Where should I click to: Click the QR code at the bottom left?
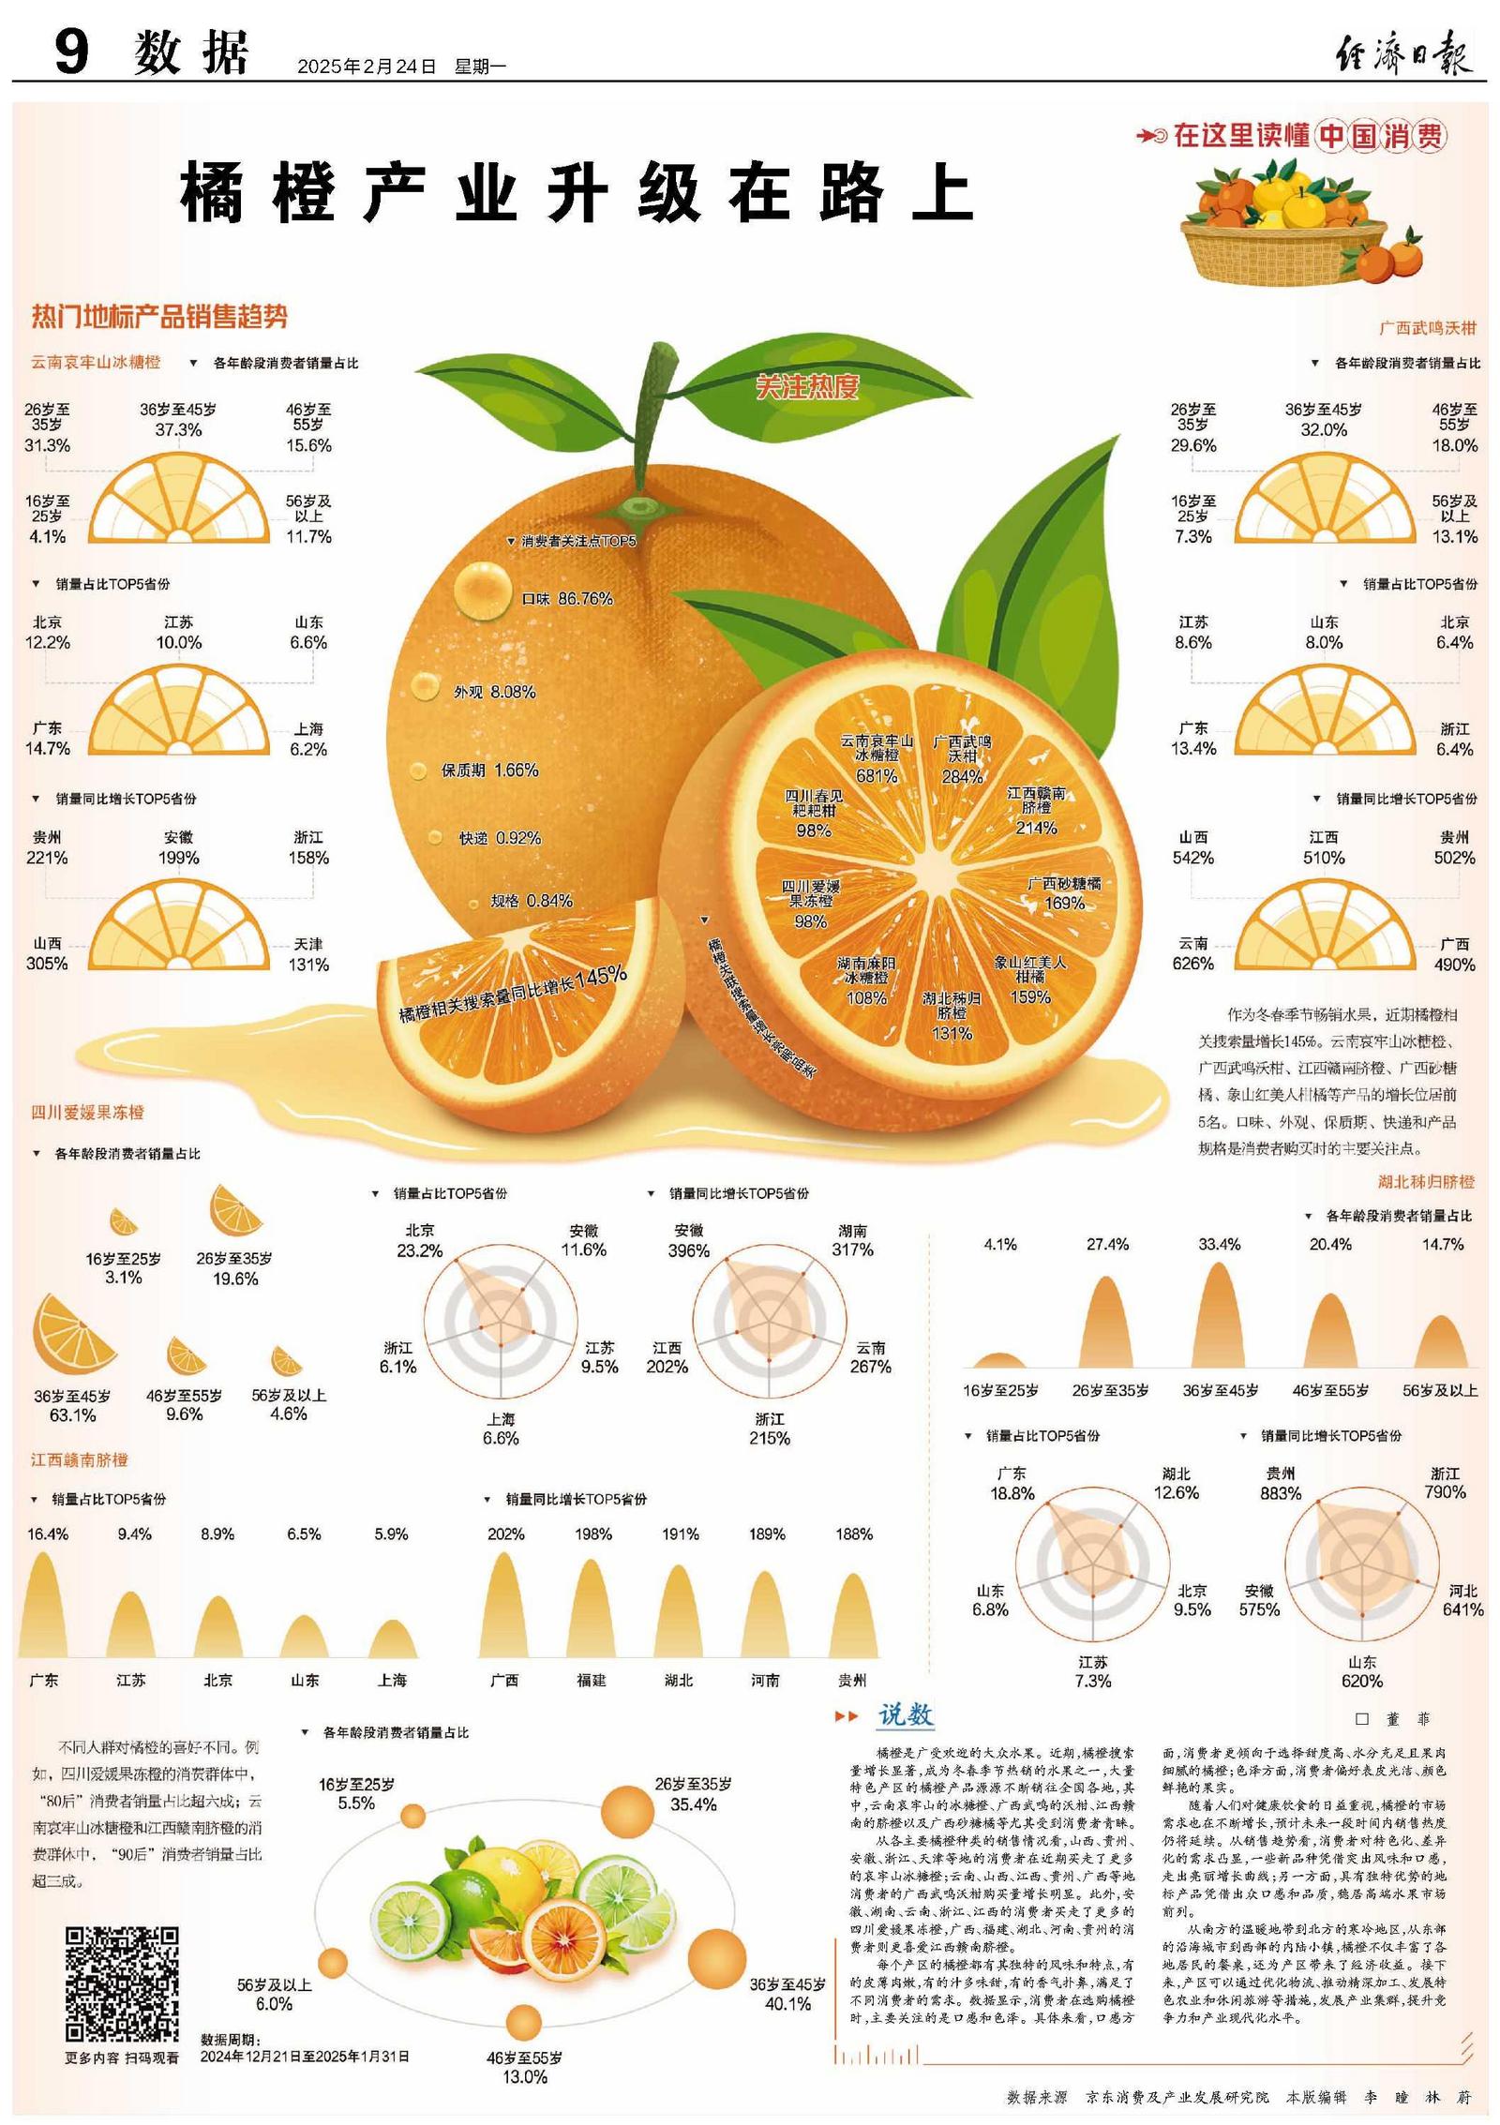122,1983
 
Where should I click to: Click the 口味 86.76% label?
566,599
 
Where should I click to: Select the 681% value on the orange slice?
877,776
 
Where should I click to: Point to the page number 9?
71,52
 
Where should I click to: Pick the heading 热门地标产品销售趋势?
159,317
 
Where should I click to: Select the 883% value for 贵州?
1281,1493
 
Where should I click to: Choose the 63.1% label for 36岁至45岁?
72,1414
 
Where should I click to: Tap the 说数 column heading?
905,1714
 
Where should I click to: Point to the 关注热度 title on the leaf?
807,386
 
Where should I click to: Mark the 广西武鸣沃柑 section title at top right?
1427,328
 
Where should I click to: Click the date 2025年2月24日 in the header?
367,67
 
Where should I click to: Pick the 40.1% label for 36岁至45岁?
787,2003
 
